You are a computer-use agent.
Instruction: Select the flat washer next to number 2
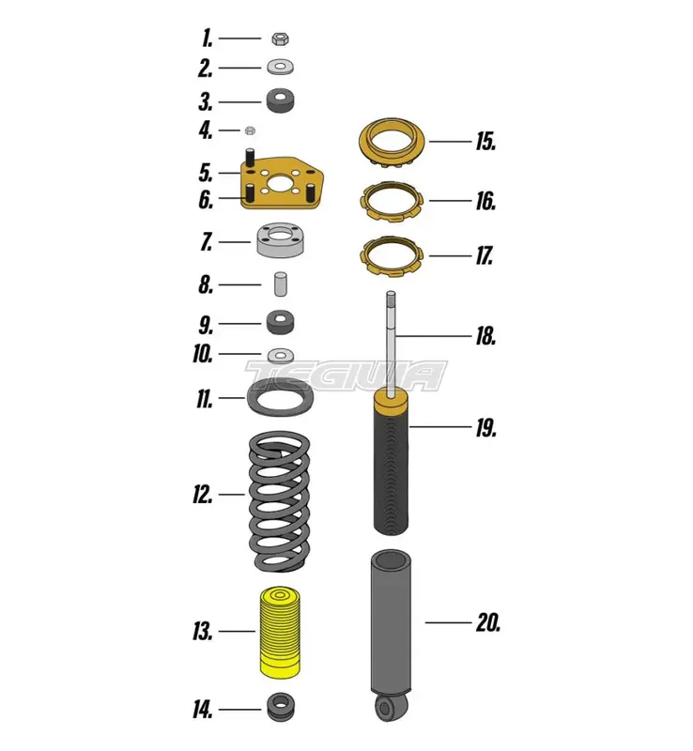[x=279, y=68]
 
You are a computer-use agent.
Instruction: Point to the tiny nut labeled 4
[x=251, y=130]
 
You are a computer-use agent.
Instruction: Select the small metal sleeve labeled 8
[x=279, y=284]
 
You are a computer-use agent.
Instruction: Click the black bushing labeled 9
[x=279, y=323]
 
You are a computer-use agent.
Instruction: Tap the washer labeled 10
[x=279, y=355]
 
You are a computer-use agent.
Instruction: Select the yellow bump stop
[x=278, y=634]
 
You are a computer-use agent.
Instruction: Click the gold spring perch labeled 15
[x=394, y=142]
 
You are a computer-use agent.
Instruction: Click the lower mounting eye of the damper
[x=384, y=706]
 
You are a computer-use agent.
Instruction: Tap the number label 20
[x=488, y=622]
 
